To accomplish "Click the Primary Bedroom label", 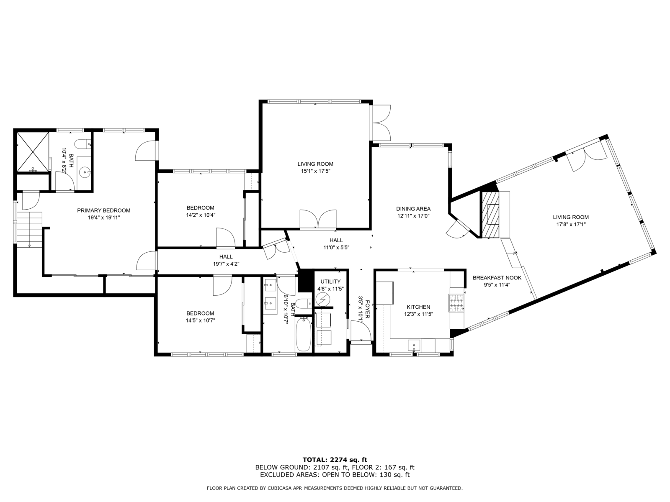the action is [103, 210].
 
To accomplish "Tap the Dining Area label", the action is [413, 209].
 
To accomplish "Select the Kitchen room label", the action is [418, 307].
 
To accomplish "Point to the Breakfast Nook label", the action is [497, 278].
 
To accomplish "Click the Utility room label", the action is [330, 282].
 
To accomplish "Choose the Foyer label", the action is [368, 309].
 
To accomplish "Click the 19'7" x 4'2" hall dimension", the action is [226, 264].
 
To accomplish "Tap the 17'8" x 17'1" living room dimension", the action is [571, 224].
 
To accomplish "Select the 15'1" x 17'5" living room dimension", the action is [316, 171].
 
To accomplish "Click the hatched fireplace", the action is [490, 215].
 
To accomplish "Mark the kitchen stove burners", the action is [456, 302].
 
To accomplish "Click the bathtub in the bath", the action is [304, 334].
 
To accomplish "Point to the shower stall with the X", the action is [33, 152].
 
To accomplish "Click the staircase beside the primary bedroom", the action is [29, 230].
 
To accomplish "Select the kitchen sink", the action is [414, 346].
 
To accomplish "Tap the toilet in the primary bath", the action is [83, 144].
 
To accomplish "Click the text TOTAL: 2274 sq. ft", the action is [335, 460].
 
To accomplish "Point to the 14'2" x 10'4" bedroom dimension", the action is [201, 215].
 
